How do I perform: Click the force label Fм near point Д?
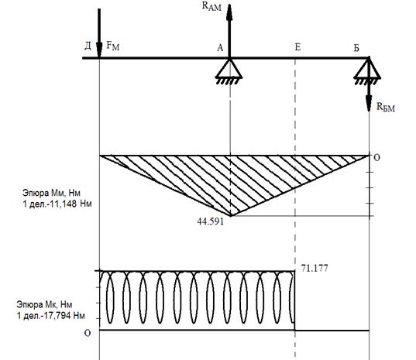click(x=113, y=46)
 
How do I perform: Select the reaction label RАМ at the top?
click(x=211, y=6)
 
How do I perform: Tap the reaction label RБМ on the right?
click(x=386, y=107)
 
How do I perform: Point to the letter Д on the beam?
click(x=88, y=46)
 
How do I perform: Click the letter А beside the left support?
click(x=220, y=48)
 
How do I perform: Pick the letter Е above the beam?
click(x=297, y=47)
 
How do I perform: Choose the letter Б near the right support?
click(x=356, y=48)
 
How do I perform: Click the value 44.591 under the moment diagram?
click(x=211, y=221)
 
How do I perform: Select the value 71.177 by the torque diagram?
click(x=315, y=269)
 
